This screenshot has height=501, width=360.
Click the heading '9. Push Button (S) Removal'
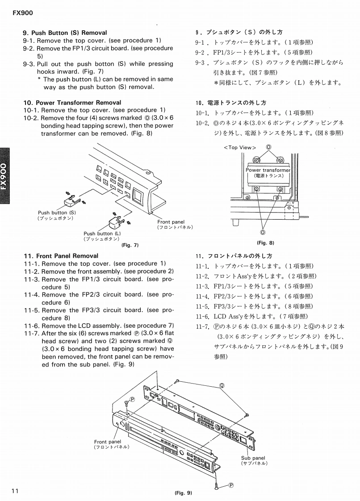click(x=65, y=33)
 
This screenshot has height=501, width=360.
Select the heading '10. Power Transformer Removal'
click(x=72, y=103)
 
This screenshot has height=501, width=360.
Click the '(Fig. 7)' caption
click(x=130, y=245)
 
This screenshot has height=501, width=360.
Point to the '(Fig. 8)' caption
click(x=265, y=242)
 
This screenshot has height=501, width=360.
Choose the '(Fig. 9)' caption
click(x=183, y=493)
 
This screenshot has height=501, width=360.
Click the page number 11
click(x=15, y=491)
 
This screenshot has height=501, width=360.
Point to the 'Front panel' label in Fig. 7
click(x=171, y=222)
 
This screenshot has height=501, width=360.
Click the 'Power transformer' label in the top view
click(x=268, y=170)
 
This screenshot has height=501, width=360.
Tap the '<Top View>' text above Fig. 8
click(x=239, y=147)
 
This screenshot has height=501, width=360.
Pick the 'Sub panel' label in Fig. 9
click(x=253, y=458)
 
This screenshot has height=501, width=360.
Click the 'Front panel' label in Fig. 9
click(x=108, y=442)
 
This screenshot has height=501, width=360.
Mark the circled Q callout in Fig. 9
click(x=222, y=385)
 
